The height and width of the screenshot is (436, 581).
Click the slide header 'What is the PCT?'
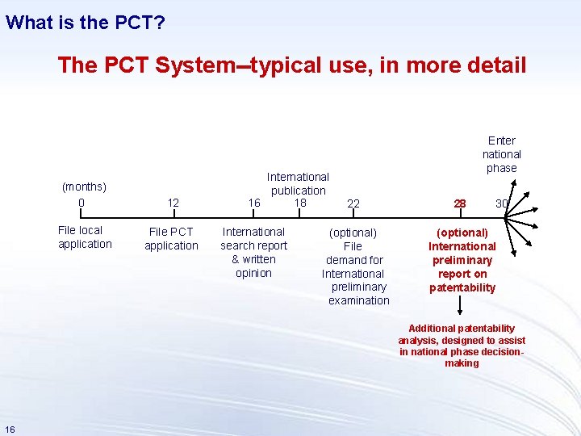pyautogui.click(x=86, y=22)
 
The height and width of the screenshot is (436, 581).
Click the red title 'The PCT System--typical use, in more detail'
pyautogui.click(x=291, y=65)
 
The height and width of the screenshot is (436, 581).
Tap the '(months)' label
pyautogui.click(x=84, y=187)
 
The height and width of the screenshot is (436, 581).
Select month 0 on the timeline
pyautogui.click(x=82, y=202)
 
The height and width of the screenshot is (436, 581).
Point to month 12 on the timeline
pyautogui.click(x=173, y=203)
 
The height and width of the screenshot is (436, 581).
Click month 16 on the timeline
pyautogui.click(x=254, y=203)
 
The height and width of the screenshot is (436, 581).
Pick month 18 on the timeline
pyautogui.click(x=300, y=202)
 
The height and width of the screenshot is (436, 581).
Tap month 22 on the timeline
pyautogui.click(x=353, y=203)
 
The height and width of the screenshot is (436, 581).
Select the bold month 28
pyautogui.click(x=460, y=203)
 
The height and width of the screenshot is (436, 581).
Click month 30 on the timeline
pyautogui.click(x=501, y=203)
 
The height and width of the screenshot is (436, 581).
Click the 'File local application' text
pyautogui.click(x=85, y=237)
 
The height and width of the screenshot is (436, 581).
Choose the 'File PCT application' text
pyautogui.click(x=171, y=239)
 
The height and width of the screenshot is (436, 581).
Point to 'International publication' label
pyautogui.click(x=298, y=183)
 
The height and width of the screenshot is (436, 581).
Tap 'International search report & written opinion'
pyautogui.click(x=253, y=252)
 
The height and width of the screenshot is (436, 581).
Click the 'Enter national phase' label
pyautogui.click(x=502, y=153)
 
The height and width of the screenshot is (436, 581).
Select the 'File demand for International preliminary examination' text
pyautogui.click(x=355, y=266)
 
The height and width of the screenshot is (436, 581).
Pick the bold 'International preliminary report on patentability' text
pyautogui.click(x=462, y=260)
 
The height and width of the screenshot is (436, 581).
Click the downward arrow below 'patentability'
pyautogui.click(x=461, y=306)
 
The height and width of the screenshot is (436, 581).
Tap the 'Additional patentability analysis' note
pyautogui.click(x=462, y=346)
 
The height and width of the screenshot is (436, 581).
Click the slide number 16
pyautogui.click(x=10, y=428)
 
